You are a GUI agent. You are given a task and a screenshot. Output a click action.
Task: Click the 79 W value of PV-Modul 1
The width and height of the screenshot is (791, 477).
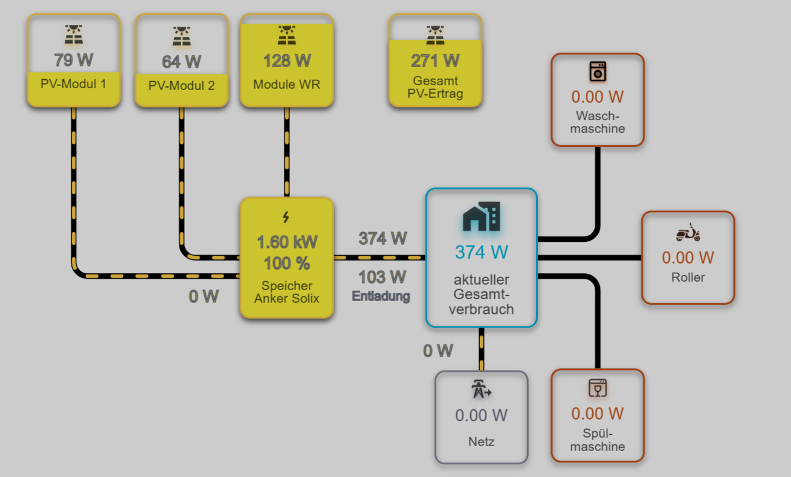(74, 60)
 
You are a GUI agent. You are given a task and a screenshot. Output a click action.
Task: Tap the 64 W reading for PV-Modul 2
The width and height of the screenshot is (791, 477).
(181, 62)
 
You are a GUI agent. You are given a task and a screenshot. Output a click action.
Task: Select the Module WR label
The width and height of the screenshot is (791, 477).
(286, 84)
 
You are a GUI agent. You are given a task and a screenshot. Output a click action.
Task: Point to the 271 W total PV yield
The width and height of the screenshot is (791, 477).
(435, 60)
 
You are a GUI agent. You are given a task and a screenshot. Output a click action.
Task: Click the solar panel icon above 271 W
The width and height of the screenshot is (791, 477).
(435, 35)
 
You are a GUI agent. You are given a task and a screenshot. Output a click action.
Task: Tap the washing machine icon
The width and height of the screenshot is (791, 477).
(598, 71)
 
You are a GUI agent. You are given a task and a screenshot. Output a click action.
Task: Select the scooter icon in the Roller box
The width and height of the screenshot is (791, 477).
(688, 233)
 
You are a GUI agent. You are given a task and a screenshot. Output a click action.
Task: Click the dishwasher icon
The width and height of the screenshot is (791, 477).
(598, 388)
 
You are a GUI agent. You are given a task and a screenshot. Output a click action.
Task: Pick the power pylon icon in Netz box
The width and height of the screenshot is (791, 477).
(481, 390)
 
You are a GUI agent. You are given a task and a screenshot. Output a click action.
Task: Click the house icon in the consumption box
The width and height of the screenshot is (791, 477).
(481, 217)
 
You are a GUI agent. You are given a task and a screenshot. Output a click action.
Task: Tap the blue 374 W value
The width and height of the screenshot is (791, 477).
(481, 251)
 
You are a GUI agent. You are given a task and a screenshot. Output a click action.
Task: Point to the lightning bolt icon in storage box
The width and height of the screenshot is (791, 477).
(286, 217)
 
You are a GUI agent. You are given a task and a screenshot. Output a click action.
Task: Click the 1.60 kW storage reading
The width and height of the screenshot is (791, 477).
(286, 242)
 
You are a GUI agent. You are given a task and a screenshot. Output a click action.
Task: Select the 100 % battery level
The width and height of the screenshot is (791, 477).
(286, 264)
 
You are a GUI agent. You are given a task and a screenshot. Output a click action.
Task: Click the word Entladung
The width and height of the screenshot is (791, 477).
(381, 296)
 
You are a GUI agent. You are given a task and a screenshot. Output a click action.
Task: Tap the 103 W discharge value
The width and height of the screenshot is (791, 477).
(382, 277)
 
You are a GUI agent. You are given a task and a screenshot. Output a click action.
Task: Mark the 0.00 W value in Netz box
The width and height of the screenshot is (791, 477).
(481, 415)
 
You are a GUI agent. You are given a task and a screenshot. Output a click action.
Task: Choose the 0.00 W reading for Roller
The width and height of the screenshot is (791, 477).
(688, 258)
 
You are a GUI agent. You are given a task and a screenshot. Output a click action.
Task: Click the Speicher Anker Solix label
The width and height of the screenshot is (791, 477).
(286, 292)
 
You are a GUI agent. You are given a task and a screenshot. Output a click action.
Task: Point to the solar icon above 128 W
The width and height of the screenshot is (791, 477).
(286, 35)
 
